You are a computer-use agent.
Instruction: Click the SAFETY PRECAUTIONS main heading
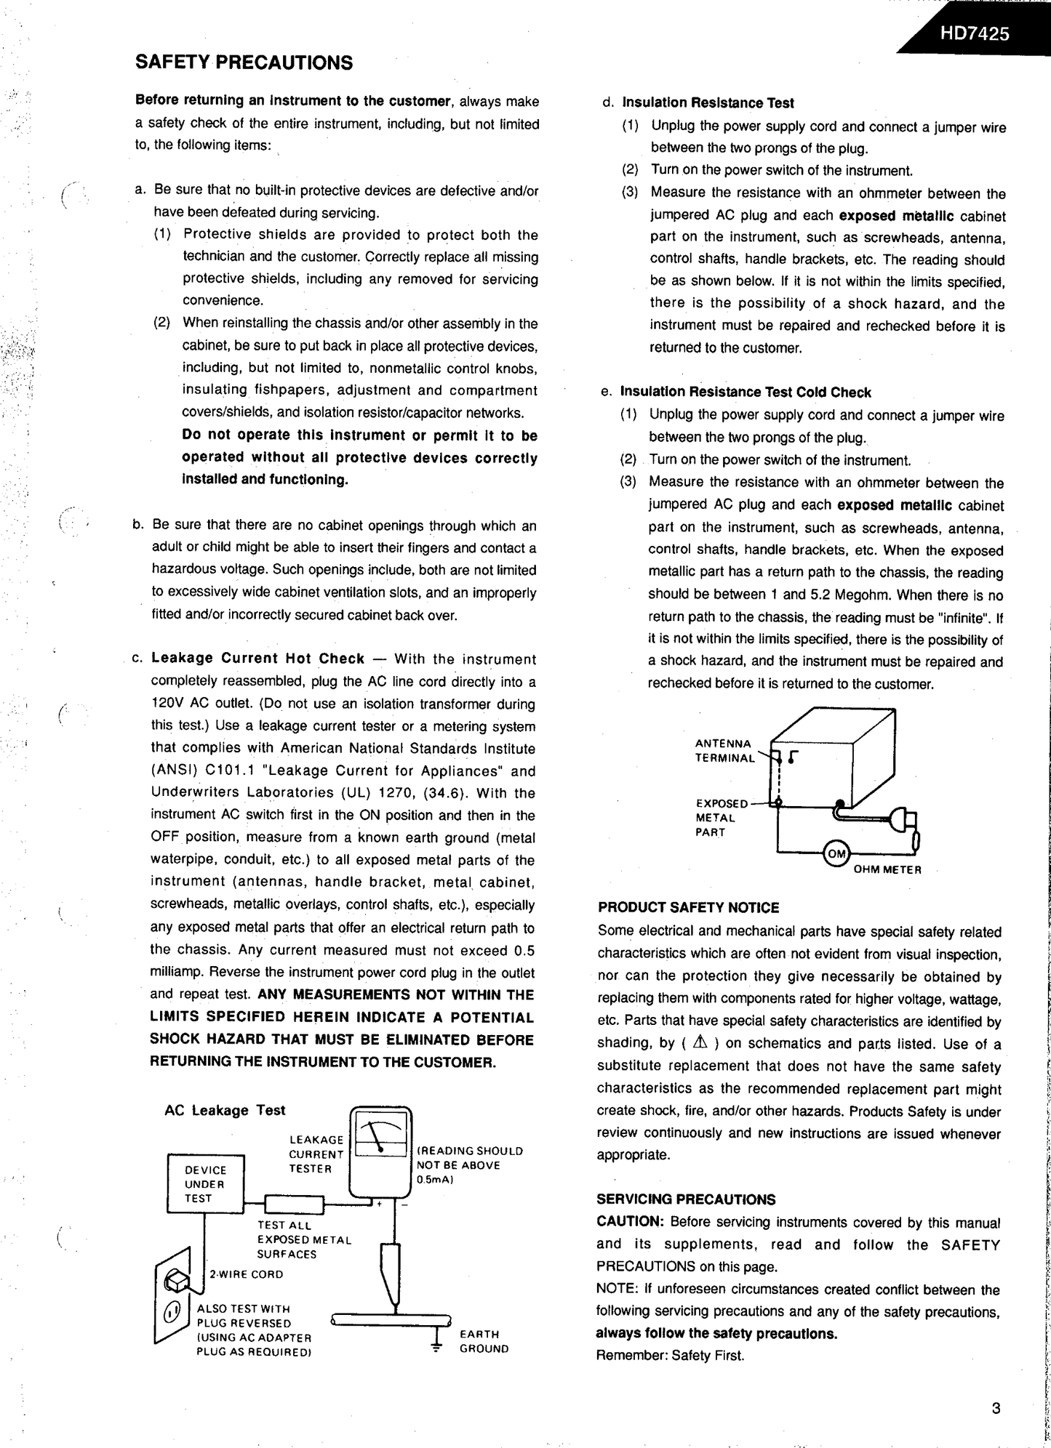tap(244, 63)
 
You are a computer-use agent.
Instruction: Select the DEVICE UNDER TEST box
tap(206, 1184)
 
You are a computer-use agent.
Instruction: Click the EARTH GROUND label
tap(484, 1341)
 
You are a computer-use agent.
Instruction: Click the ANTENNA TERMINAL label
tap(724, 750)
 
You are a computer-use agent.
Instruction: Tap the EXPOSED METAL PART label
tap(720, 818)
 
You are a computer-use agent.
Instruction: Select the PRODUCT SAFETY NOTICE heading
tap(688, 907)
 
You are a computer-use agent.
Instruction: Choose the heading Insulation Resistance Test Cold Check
tap(745, 393)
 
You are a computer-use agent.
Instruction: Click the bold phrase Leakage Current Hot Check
tap(257, 659)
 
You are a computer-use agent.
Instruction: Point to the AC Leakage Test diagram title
tap(225, 1110)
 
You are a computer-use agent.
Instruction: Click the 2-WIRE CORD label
tap(247, 1274)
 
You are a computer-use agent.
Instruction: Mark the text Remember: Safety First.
tap(670, 1355)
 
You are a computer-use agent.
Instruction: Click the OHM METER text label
tap(887, 869)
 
